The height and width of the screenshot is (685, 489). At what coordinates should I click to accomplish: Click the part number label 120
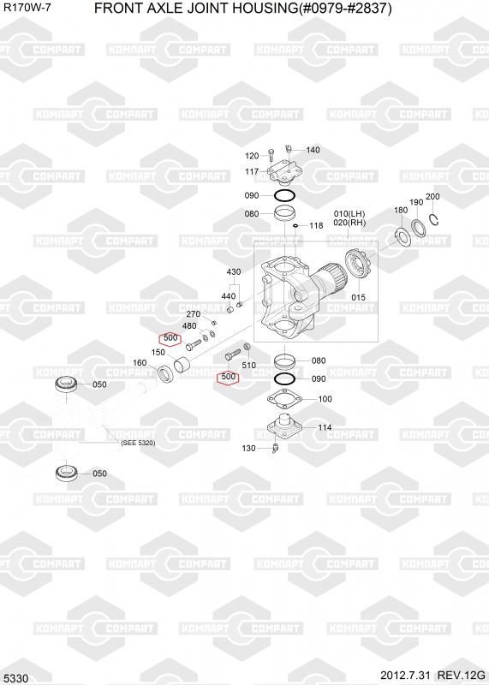tap(252, 156)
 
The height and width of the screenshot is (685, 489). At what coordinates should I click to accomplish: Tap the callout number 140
tap(313, 150)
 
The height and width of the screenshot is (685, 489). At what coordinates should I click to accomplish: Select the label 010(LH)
tap(349, 213)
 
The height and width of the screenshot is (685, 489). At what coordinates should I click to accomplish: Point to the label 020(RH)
tap(349, 223)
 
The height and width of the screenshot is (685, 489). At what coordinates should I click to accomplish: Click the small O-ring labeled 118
tap(296, 225)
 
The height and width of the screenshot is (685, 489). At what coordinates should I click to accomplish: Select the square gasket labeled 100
tap(284, 399)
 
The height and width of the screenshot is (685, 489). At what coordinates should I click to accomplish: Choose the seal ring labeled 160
tap(165, 373)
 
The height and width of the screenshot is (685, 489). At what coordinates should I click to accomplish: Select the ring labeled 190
tap(418, 226)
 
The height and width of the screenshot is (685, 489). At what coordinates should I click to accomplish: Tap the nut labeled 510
tap(247, 347)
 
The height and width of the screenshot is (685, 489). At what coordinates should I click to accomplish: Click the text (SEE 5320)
tap(138, 443)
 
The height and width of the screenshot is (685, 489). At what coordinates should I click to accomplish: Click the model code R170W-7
tap(27, 8)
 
